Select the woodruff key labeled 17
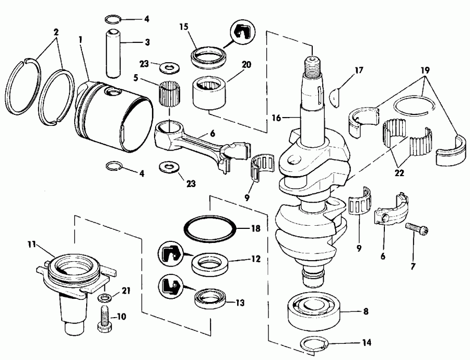point(339,95)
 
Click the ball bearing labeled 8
point(313,311)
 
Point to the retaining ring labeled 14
point(316,344)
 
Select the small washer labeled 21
point(104,298)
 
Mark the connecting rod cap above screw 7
point(392,209)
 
